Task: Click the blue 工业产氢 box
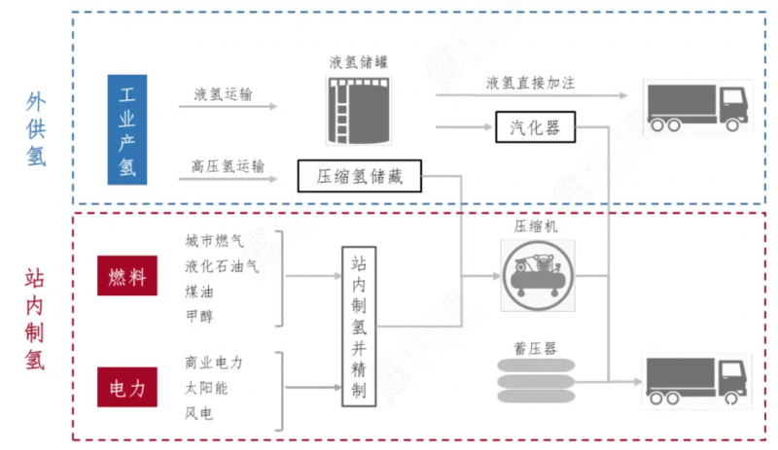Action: click(x=127, y=129)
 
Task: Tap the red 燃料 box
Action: click(x=127, y=276)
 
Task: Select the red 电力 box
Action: click(x=127, y=388)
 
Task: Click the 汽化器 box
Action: click(x=536, y=127)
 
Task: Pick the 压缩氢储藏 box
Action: click(x=360, y=176)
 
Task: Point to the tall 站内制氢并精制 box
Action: click(x=359, y=327)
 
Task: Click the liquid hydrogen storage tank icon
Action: click(x=359, y=110)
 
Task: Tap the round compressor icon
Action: click(x=538, y=275)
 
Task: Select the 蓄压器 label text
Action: click(x=536, y=348)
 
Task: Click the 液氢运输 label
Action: click(x=224, y=93)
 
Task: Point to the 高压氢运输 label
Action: click(x=229, y=166)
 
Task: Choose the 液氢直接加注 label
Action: click(x=530, y=83)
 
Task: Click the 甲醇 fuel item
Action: click(x=199, y=316)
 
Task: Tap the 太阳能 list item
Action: click(x=206, y=388)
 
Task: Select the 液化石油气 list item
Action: click(x=222, y=266)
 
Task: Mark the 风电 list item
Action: click(x=199, y=413)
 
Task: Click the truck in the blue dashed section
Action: click(x=697, y=108)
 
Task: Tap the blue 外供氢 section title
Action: click(x=36, y=129)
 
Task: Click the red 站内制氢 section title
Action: click(x=35, y=320)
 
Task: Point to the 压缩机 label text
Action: click(x=536, y=226)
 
